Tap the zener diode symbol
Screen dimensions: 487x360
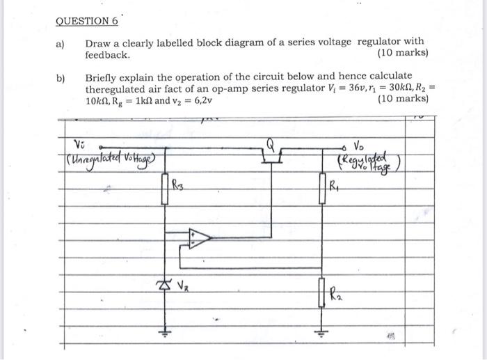165,285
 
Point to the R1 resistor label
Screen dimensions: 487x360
335,186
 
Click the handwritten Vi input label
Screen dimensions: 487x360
79,144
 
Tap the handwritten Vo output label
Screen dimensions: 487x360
359,146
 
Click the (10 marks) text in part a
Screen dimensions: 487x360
402,54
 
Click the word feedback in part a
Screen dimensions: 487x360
107,54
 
